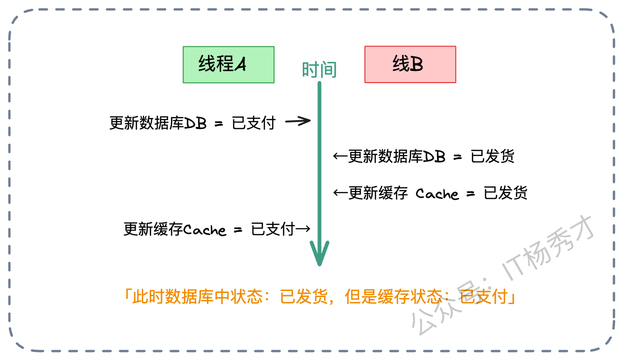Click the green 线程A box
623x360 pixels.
(228, 65)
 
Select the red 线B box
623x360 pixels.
(410, 64)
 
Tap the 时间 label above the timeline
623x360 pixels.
(319, 70)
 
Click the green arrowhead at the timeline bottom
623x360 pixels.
(319, 254)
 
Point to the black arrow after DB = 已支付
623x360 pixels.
(299, 122)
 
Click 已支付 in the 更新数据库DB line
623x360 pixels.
(254, 123)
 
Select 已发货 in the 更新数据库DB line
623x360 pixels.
(492, 156)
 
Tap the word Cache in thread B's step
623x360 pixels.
(437, 193)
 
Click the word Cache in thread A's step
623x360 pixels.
(204, 230)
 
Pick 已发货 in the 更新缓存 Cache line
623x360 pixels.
(506, 193)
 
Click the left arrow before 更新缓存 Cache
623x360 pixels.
(340, 193)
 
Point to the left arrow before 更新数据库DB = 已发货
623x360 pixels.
(340, 156)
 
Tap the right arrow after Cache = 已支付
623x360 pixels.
(303, 229)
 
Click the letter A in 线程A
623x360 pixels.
(240, 65)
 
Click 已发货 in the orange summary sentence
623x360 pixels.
(303, 297)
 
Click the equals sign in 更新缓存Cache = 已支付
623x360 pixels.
(238, 230)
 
